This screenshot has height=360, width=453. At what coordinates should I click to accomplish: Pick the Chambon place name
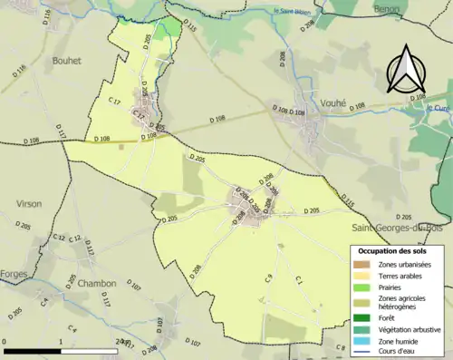[x=97, y=283]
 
